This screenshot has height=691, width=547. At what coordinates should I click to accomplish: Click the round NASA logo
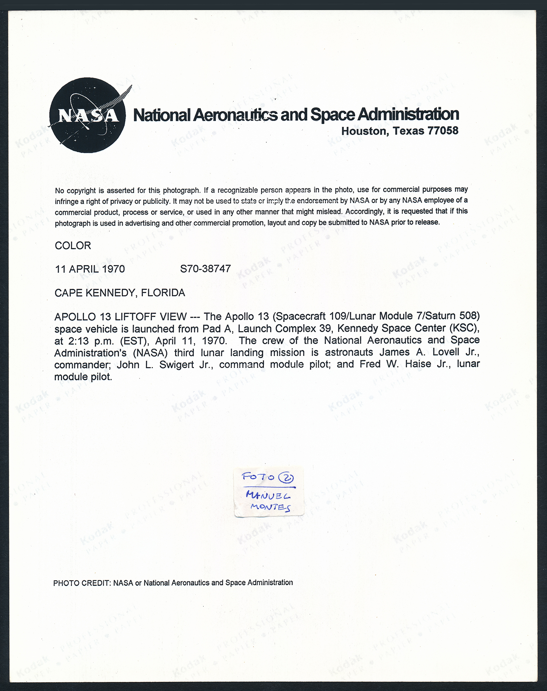point(87,115)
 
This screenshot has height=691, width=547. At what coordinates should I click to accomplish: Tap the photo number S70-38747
point(205,269)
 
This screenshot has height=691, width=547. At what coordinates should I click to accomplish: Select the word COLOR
point(73,246)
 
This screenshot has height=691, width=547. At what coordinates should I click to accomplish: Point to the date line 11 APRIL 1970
point(90,269)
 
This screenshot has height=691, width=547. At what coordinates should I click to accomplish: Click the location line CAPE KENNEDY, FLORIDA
point(120,293)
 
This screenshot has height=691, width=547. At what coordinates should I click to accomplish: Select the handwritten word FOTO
point(258,476)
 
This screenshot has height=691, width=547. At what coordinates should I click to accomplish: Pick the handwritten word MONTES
point(270,507)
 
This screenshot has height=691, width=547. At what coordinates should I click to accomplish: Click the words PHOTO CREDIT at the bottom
point(81,583)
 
